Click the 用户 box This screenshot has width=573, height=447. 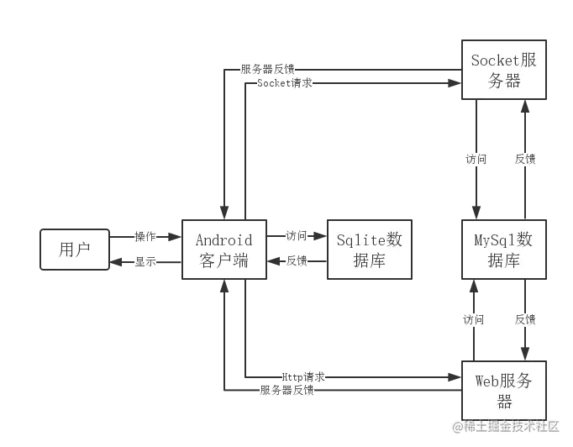tap(75, 250)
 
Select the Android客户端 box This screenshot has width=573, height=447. tap(224, 250)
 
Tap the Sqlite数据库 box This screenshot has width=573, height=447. tap(370, 250)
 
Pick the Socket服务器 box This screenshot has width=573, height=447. tap(503, 70)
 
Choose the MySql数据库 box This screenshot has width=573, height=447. tap(503, 250)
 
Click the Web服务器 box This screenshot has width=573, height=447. tap(503, 391)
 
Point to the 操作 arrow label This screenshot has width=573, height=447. tap(145, 237)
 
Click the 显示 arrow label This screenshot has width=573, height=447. tap(145, 261)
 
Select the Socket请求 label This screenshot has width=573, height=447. tap(286, 84)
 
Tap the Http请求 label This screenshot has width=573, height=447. tap(303, 377)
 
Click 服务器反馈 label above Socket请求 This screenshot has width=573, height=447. tap(267, 69)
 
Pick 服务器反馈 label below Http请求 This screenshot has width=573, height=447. tap(287, 391)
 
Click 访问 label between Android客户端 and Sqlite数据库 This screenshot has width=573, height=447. tap(297, 237)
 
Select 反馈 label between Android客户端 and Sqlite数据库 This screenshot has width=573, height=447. tap(297, 261)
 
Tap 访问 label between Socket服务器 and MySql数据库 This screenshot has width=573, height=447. tap(476, 158)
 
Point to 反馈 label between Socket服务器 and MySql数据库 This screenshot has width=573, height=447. tap(526, 158)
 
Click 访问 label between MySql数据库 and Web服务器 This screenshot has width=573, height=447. tap(473, 319)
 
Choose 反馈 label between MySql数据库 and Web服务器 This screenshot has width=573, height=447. tap(526, 319)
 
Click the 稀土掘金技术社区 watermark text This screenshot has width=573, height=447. tap(505, 426)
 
